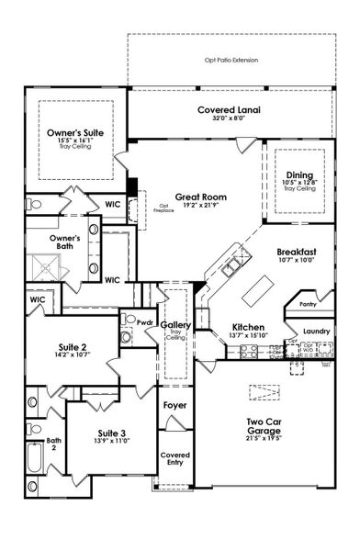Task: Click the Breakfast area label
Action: point(296,251)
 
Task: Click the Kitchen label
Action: point(248,327)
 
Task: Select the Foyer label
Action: point(175,405)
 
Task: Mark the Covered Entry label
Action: point(175,458)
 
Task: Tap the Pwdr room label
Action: point(145,323)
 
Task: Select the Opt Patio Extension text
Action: point(231,60)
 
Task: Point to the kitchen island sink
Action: point(231,265)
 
